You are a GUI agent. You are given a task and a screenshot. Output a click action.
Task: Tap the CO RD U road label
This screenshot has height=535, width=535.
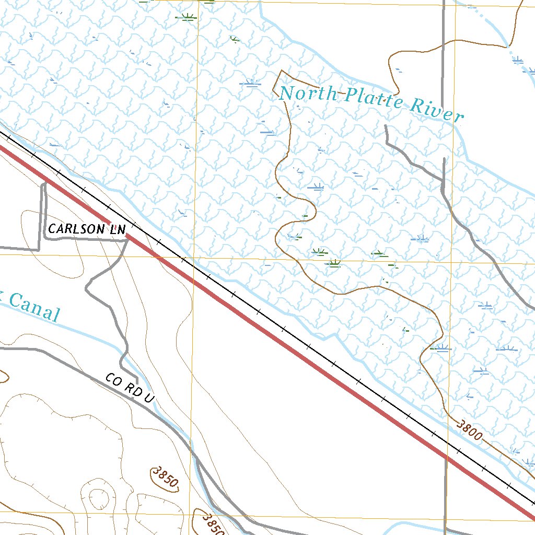130,388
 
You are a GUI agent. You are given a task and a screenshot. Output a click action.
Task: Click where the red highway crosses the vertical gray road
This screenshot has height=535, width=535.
446,458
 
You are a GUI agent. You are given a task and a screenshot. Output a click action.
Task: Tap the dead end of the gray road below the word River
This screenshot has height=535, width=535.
386,126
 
